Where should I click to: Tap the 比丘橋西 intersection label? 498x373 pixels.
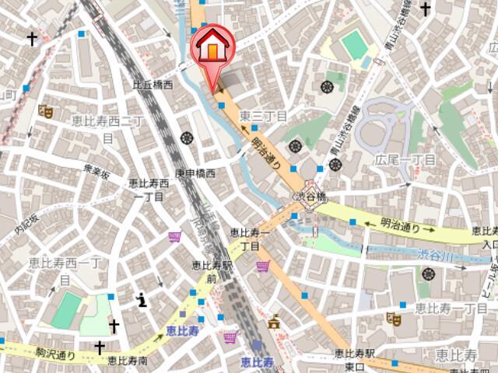[153, 84]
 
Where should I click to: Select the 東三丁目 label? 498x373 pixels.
[264, 116]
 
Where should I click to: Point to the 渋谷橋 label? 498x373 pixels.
[308, 197]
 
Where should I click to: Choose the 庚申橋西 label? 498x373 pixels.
[195, 173]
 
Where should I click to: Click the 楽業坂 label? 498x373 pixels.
[98, 170]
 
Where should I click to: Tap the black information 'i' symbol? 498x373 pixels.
[142, 299]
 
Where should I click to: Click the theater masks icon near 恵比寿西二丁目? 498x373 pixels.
[46, 111]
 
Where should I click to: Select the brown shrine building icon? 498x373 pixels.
[274, 321]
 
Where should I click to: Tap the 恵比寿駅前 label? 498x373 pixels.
[214, 272]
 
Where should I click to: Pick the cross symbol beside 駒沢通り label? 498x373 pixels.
[100, 347]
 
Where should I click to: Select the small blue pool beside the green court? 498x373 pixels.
[366, 61]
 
